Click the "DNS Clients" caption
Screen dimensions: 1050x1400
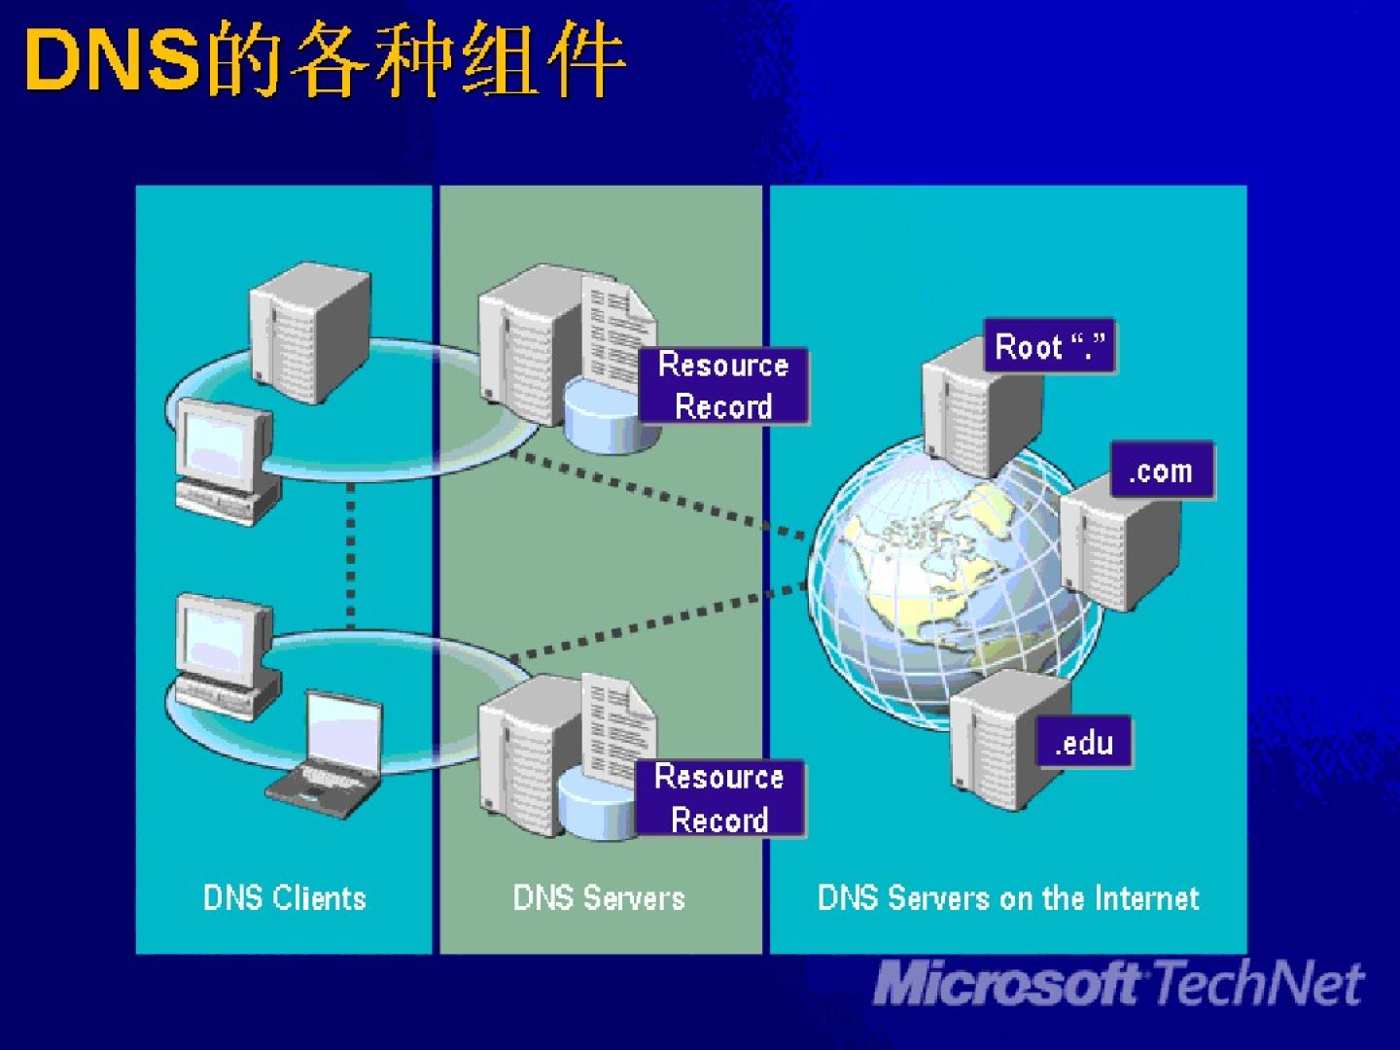285,897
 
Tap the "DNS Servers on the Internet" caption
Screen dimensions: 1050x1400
1008,897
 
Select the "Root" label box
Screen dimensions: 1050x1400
1050,346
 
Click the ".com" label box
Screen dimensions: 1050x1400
1161,472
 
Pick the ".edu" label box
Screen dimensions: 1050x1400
1084,743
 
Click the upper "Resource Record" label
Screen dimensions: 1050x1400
723,385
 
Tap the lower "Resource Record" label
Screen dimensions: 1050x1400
719,798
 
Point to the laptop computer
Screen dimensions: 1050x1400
329,753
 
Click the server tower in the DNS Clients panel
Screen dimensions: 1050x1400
309,331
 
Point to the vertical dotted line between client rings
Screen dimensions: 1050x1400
351,554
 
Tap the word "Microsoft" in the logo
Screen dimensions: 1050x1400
1006,984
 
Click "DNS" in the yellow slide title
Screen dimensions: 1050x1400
112,61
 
